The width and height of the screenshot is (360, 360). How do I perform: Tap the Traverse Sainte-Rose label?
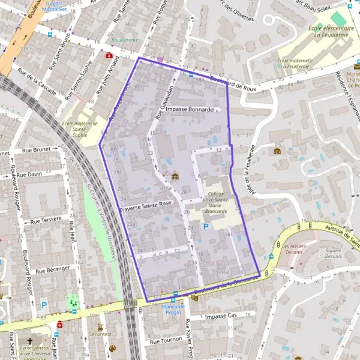(x=146, y=207)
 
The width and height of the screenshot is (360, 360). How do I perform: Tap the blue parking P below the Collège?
(x=206, y=227)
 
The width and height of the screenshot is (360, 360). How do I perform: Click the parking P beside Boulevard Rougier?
(x=43, y=304)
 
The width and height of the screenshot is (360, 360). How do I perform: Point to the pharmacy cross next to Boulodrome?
(x=109, y=55)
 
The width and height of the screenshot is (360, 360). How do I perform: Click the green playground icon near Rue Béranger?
(x=74, y=302)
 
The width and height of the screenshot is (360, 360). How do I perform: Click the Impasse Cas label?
(x=221, y=316)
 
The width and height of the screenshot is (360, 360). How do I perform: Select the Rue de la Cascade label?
(x=37, y=82)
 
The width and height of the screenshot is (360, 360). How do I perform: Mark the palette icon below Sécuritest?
(x=112, y=349)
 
